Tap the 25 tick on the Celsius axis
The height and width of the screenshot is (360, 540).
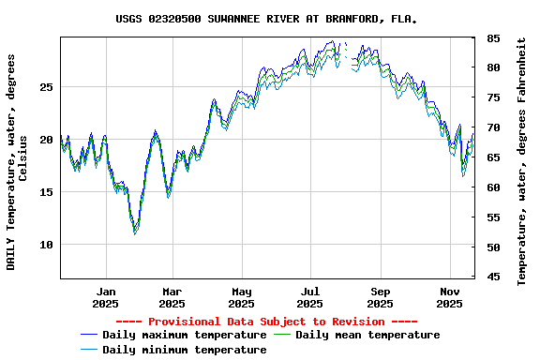point(46,86)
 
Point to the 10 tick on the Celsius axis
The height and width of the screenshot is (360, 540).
point(46,245)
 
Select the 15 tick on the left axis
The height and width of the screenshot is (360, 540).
point(46,192)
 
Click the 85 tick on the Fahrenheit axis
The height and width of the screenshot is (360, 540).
point(492,38)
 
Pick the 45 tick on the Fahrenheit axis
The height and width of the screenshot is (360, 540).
point(492,277)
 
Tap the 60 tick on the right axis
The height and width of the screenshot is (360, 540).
point(492,187)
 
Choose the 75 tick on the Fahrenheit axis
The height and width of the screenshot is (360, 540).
point(492,97)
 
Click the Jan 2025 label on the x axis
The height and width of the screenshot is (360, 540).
point(106,297)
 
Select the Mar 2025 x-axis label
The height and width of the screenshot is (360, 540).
point(172,297)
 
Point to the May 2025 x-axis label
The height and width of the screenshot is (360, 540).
point(241,297)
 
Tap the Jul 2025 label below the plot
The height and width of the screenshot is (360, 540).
point(310,297)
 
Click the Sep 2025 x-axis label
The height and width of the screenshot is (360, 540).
point(380,297)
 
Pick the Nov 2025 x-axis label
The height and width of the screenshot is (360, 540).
point(449,297)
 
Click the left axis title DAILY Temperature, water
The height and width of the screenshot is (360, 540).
point(17,161)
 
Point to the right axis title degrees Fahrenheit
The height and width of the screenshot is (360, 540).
point(522,161)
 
